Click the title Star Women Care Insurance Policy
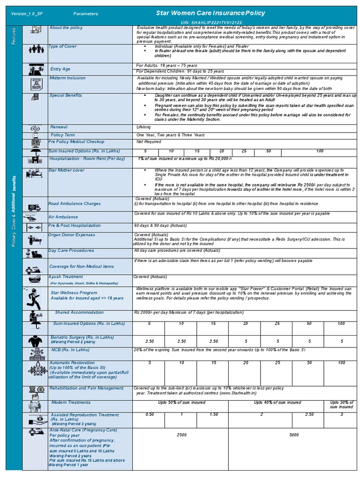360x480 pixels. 210,13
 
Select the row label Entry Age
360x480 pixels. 60,69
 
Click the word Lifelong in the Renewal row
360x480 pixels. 143,127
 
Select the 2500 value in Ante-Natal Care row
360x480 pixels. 181,435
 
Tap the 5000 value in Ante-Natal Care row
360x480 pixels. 294,435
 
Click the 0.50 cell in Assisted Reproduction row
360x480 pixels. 150,414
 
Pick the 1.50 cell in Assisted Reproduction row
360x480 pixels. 213,414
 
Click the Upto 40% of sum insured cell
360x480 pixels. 277,402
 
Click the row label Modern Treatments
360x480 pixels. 71,402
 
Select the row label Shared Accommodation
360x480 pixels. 79,312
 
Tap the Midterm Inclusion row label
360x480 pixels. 67,78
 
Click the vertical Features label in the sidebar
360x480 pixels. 14,36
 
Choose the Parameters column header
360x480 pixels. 86,14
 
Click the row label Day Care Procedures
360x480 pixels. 71,250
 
